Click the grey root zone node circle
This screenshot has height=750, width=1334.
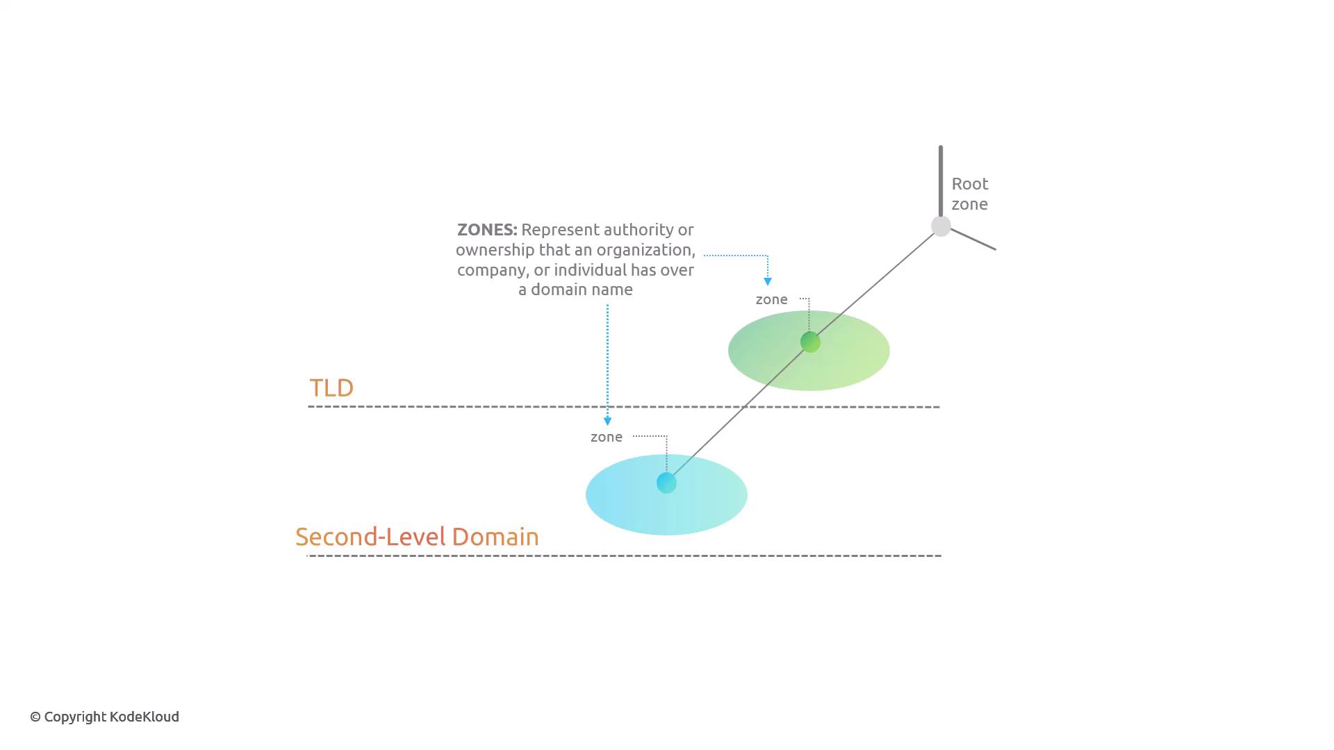(941, 226)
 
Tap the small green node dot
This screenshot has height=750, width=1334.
(810, 342)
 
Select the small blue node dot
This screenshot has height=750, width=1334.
(666, 483)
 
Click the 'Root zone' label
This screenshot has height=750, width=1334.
(970, 194)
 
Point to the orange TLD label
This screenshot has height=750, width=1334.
(331, 387)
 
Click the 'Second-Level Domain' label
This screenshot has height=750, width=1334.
(417, 537)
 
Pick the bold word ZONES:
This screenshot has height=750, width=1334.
(487, 230)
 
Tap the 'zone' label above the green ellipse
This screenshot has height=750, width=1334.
(771, 299)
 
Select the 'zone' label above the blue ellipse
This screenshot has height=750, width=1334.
(607, 437)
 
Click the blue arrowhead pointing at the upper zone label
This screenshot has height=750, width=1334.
(768, 281)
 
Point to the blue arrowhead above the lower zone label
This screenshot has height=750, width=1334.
(608, 421)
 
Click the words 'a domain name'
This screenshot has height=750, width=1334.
(575, 290)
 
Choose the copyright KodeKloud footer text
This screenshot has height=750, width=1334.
(104, 717)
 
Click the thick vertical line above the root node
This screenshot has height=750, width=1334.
(941, 181)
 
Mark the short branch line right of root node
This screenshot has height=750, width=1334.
(973, 240)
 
